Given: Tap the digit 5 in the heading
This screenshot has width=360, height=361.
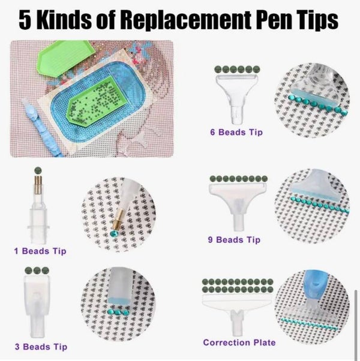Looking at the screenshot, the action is pyautogui.click(x=25, y=20).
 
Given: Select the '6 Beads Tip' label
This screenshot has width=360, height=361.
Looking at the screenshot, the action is pyautogui.click(x=236, y=132).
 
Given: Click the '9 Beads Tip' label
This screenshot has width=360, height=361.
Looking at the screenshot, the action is pyautogui.click(x=234, y=240).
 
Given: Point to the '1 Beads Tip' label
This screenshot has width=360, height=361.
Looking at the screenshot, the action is pyautogui.click(x=40, y=251).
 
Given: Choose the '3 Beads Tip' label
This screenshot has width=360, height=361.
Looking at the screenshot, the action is pyautogui.click(x=41, y=347).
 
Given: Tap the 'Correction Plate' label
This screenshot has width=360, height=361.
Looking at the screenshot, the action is pyautogui.click(x=239, y=342).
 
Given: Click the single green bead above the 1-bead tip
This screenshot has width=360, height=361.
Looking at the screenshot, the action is pyautogui.click(x=38, y=170).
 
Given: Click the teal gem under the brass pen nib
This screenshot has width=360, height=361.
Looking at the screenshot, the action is pyautogui.click(x=114, y=233).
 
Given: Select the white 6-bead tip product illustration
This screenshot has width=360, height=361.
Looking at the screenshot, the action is pyautogui.click(x=236, y=99).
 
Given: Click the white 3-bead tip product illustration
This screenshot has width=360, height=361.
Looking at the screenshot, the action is pyautogui.click(x=37, y=306).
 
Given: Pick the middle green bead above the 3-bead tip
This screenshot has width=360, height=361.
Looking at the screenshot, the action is pyautogui.click(x=37, y=270).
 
